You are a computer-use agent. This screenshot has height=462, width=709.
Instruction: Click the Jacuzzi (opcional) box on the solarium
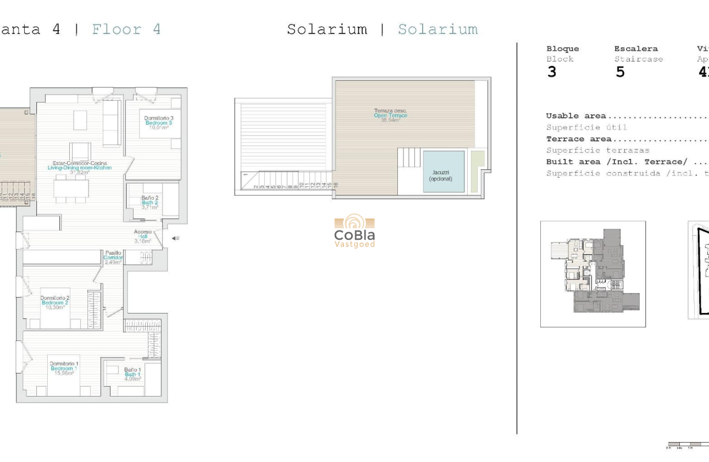point(444,172)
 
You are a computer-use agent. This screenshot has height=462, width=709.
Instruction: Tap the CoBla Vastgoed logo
point(354,231)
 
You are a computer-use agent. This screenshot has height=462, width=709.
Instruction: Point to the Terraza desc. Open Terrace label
point(390,115)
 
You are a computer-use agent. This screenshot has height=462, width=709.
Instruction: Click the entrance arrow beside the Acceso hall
point(174,238)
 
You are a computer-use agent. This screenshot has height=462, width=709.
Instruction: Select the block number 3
point(552,72)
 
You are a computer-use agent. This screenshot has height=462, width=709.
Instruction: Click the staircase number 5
point(620,72)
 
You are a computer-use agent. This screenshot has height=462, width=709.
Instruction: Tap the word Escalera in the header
point(636,48)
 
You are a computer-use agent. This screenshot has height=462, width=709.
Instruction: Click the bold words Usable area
point(576,116)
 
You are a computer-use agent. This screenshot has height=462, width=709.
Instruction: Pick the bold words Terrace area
point(579,139)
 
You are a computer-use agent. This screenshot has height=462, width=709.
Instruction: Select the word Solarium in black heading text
point(327,29)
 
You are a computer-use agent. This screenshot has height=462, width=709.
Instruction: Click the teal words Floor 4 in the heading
point(126,29)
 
